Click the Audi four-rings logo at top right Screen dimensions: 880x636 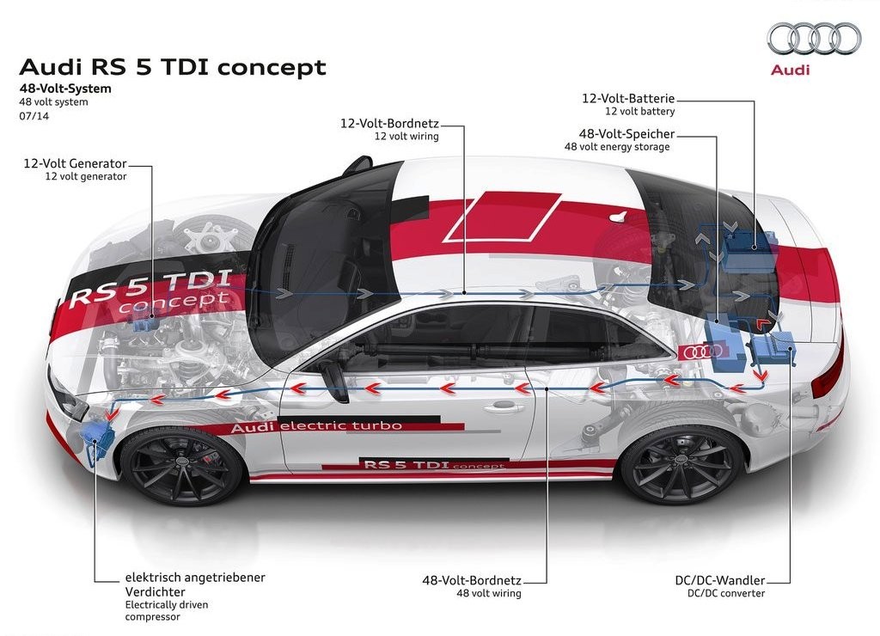(x=814, y=39)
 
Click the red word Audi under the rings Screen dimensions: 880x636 (x=791, y=70)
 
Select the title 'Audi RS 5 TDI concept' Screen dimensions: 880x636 (x=172, y=67)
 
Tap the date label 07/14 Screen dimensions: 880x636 (x=34, y=116)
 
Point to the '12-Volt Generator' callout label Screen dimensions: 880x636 (x=76, y=163)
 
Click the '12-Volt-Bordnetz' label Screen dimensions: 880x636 (x=389, y=123)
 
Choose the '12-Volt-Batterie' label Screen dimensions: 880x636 (x=628, y=98)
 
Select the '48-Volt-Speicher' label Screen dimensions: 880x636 (x=626, y=133)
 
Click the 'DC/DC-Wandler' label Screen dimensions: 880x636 (x=720, y=580)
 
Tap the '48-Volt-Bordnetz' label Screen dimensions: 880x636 (x=472, y=580)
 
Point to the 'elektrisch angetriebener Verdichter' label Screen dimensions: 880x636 (x=195, y=584)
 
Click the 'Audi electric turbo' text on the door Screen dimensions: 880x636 (x=316, y=426)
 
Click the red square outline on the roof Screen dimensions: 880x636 (x=502, y=217)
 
